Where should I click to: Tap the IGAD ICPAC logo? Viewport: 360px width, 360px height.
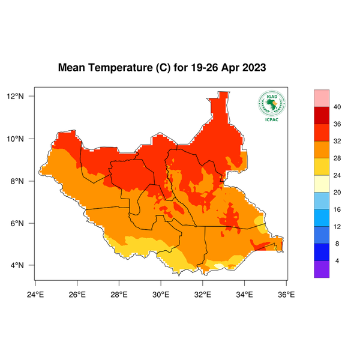click(x=271, y=106)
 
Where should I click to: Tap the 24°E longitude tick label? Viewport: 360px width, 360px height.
click(x=35, y=294)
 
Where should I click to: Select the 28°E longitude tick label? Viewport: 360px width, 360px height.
click(x=119, y=294)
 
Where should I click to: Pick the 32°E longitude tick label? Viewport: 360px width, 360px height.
click(x=202, y=294)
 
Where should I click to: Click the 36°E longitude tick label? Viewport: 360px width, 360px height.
click(x=286, y=294)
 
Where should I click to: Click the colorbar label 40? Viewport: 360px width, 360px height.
click(x=337, y=107)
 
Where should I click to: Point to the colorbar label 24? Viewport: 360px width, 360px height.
click(x=337, y=176)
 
